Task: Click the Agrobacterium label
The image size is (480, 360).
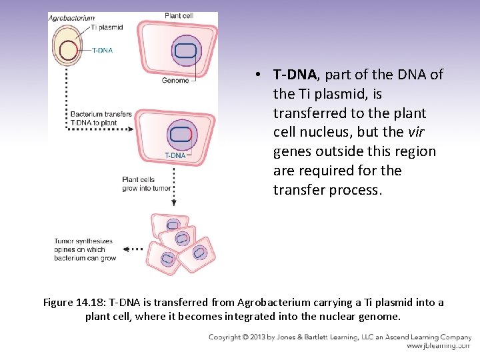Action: point(71,18)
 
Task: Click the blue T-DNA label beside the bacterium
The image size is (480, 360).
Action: point(102,50)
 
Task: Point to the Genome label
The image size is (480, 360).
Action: point(175,81)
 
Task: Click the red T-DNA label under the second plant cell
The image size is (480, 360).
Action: point(175,155)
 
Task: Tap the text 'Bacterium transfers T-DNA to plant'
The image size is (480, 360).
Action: point(101,118)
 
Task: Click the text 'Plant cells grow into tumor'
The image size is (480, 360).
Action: point(146,183)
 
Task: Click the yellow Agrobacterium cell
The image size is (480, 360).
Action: point(68,51)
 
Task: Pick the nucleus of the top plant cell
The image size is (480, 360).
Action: point(186,52)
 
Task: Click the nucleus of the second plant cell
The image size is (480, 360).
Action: point(180,135)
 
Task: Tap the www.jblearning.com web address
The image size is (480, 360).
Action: point(438,346)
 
